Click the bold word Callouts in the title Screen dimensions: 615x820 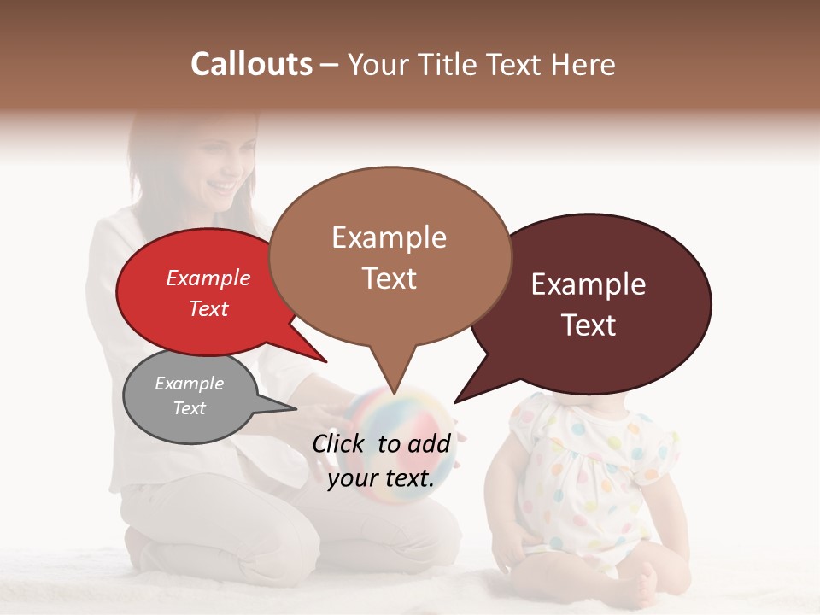point(251,64)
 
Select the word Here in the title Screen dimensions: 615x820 point(584,64)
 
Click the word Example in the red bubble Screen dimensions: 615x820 point(208,278)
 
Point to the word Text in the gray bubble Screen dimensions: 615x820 point(190,408)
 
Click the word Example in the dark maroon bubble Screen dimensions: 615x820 point(589,284)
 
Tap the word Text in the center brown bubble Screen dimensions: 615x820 point(389,278)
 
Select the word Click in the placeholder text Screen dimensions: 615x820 point(338,442)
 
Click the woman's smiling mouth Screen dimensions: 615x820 point(225,185)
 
